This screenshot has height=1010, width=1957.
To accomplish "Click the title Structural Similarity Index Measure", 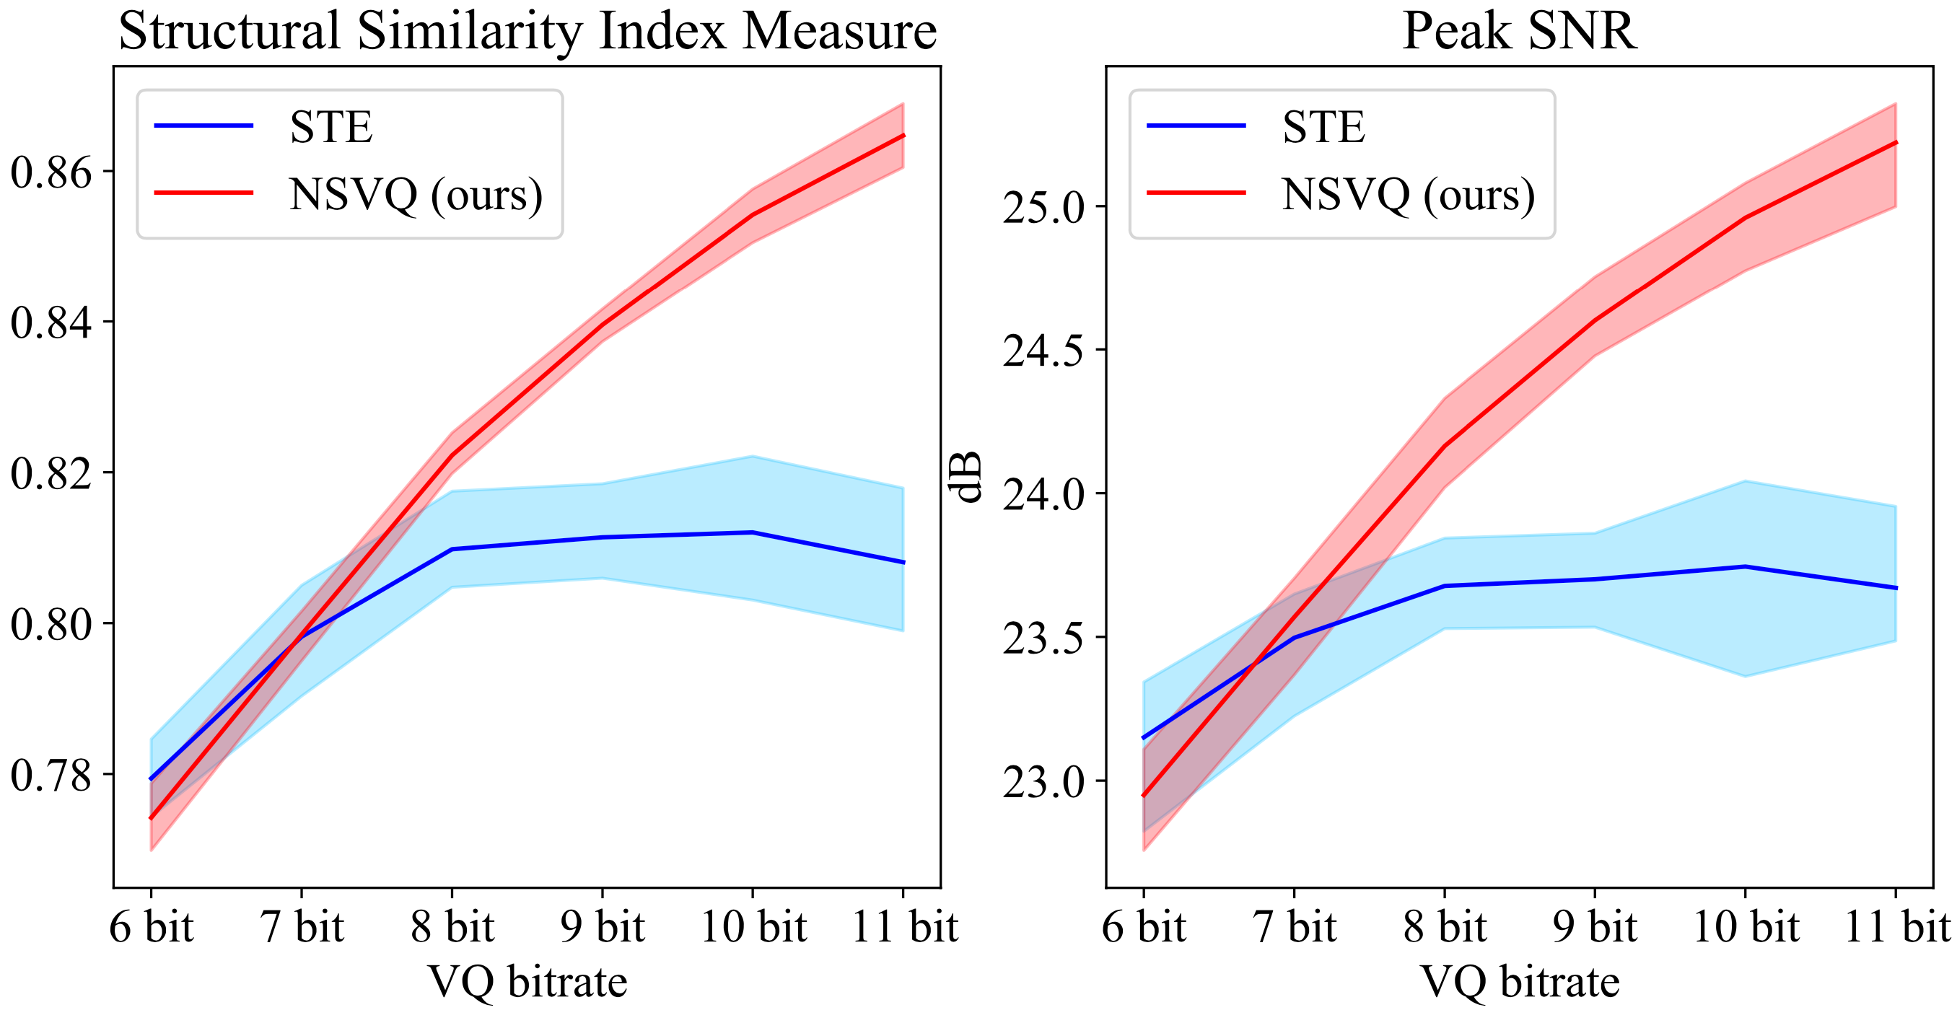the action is [x=527, y=32].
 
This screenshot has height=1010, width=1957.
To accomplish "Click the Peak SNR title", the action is [x=1519, y=32].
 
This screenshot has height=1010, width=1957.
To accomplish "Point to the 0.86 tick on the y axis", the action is [x=51, y=172].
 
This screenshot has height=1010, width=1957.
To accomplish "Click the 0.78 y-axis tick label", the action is [x=51, y=775].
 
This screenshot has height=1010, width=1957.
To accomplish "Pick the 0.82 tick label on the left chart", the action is [x=51, y=473].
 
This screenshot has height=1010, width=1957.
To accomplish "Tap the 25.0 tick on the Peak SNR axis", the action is [x=1044, y=207].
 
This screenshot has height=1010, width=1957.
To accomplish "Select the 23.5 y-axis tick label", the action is [x=1044, y=638].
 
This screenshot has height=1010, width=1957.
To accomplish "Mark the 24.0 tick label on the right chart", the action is [x=1044, y=494].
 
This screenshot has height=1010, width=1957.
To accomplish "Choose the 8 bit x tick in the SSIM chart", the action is [x=452, y=927].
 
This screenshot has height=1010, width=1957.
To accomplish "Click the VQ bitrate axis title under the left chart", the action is [x=527, y=981].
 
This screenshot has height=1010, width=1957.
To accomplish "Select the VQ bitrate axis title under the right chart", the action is [x=1520, y=981].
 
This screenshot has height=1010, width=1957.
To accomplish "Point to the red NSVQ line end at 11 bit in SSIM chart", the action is [x=903, y=135].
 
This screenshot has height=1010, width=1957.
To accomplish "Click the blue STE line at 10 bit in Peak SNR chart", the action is [x=1746, y=566].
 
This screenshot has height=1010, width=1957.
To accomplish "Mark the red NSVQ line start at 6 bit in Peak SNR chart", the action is [x=1143, y=796].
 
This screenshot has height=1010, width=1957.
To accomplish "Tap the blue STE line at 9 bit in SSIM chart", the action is [x=603, y=537].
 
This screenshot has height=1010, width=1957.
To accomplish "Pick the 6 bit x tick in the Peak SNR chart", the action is [x=1143, y=927].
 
